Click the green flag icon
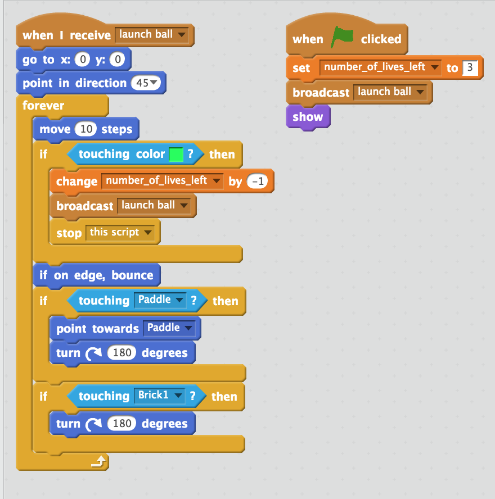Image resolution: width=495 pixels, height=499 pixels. [342, 38]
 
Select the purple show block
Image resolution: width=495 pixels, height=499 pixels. [308, 117]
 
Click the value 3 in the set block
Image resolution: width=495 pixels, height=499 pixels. [470, 68]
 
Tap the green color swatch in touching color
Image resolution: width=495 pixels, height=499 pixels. [177, 155]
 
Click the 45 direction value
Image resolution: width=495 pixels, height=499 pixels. [146, 83]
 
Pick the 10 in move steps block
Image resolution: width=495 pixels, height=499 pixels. [86, 129]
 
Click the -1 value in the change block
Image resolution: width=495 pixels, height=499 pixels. [258, 182]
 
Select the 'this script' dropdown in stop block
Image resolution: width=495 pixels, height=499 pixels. [120, 233]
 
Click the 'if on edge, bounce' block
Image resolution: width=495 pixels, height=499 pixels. [96, 275]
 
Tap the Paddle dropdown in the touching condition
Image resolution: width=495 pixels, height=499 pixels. [161, 300]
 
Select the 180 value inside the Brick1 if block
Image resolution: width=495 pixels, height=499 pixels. [121, 423]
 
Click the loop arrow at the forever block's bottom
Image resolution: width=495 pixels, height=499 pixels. [98, 462]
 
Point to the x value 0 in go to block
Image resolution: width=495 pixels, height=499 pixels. [82, 60]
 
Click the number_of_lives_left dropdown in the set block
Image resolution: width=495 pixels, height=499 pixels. [381, 67]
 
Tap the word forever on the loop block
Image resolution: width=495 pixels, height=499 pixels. [43, 106]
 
